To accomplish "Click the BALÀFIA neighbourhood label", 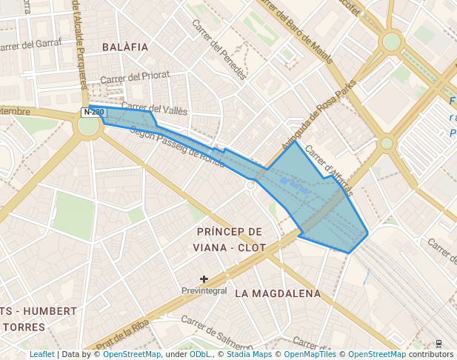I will [x=125, y=47].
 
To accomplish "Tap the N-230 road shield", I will [x=94, y=113].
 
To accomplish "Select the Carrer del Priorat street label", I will [x=135, y=76].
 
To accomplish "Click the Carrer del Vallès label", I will [x=154, y=109].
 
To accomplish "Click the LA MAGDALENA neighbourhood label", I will [x=278, y=293].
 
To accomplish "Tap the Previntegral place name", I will [x=204, y=291].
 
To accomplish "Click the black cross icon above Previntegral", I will [x=204, y=279].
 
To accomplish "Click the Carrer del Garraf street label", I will [x=30, y=46].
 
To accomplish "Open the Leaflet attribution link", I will [x=42, y=355].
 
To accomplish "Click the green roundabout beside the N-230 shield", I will [x=88, y=126].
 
